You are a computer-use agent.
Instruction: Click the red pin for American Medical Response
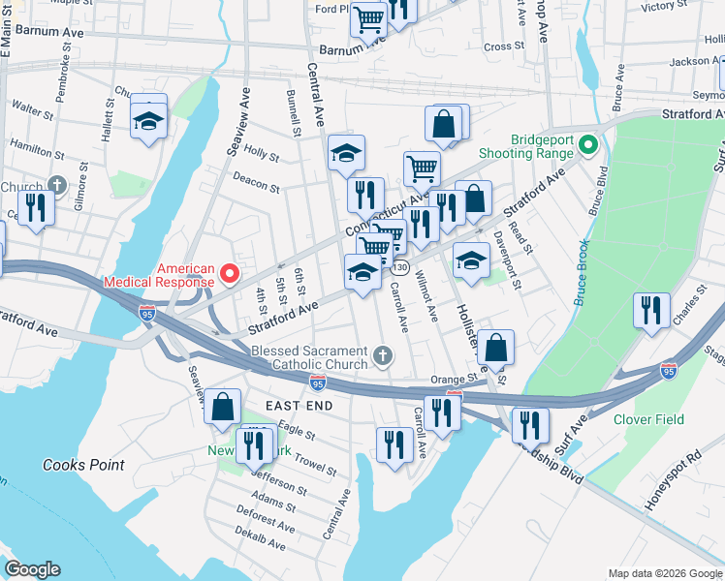click(x=230, y=275)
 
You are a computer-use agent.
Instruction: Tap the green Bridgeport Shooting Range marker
click(x=586, y=146)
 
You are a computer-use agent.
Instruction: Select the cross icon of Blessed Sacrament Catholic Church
click(x=383, y=356)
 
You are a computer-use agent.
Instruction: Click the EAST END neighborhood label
click(x=299, y=405)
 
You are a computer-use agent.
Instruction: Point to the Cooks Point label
click(x=83, y=465)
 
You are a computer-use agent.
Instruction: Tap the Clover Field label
click(x=648, y=419)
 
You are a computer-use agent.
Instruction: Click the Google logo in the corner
click(x=32, y=570)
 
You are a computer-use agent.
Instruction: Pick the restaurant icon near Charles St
click(x=649, y=310)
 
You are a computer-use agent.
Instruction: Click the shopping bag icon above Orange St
click(x=495, y=347)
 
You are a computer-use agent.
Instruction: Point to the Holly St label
click(x=262, y=153)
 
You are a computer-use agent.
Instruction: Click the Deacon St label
click(x=256, y=182)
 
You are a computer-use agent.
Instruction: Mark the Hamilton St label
click(x=37, y=147)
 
